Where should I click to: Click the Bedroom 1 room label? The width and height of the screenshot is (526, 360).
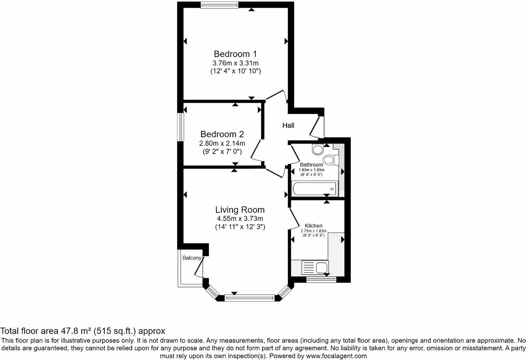click(235, 54)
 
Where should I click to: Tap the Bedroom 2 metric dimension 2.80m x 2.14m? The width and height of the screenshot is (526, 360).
click(222, 143)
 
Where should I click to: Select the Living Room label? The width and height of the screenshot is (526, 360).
click(240, 210)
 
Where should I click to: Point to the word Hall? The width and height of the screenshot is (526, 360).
click(288, 125)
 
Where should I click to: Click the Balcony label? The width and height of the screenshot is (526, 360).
click(192, 258)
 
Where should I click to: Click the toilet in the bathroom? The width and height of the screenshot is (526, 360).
click(330, 160)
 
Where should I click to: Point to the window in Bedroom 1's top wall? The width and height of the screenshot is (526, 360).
click(219, 5)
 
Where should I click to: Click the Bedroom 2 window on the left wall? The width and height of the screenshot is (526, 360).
click(180, 127)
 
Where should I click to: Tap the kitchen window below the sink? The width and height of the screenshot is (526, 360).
click(321, 280)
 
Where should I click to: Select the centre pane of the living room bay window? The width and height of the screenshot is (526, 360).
click(250, 298)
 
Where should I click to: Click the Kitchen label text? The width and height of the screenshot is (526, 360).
click(313, 226)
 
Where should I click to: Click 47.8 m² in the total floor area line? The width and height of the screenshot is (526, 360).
click(76, 331)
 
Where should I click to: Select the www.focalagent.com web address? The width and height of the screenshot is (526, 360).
click(336, 356)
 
